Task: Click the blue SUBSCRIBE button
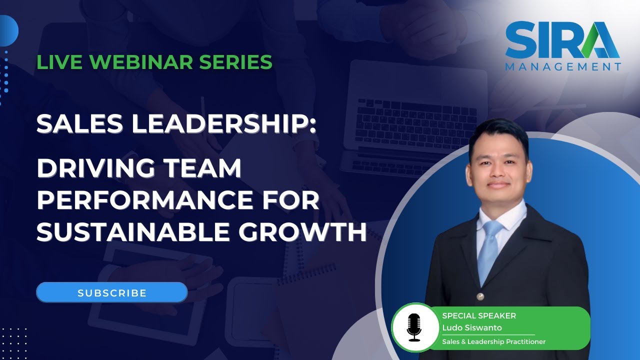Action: coord(112,292)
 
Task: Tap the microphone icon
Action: coord(414,327)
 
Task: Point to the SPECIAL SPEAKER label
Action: coord(478,316)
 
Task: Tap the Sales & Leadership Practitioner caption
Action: coord(493,342)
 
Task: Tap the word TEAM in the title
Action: coord(209,168)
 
